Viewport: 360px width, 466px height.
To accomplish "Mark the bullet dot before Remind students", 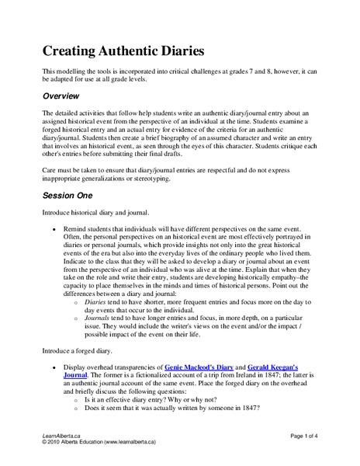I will click(x=53, y=231).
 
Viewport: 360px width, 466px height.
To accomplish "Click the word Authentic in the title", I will click(x=128, y=51).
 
